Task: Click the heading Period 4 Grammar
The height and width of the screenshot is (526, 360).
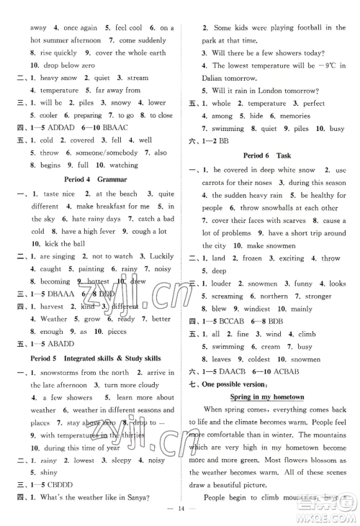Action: (95, 178)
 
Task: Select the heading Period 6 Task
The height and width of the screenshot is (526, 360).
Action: (268, 154)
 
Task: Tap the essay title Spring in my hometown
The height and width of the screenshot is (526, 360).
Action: (267, 396)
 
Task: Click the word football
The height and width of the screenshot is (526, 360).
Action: (298, 28)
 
